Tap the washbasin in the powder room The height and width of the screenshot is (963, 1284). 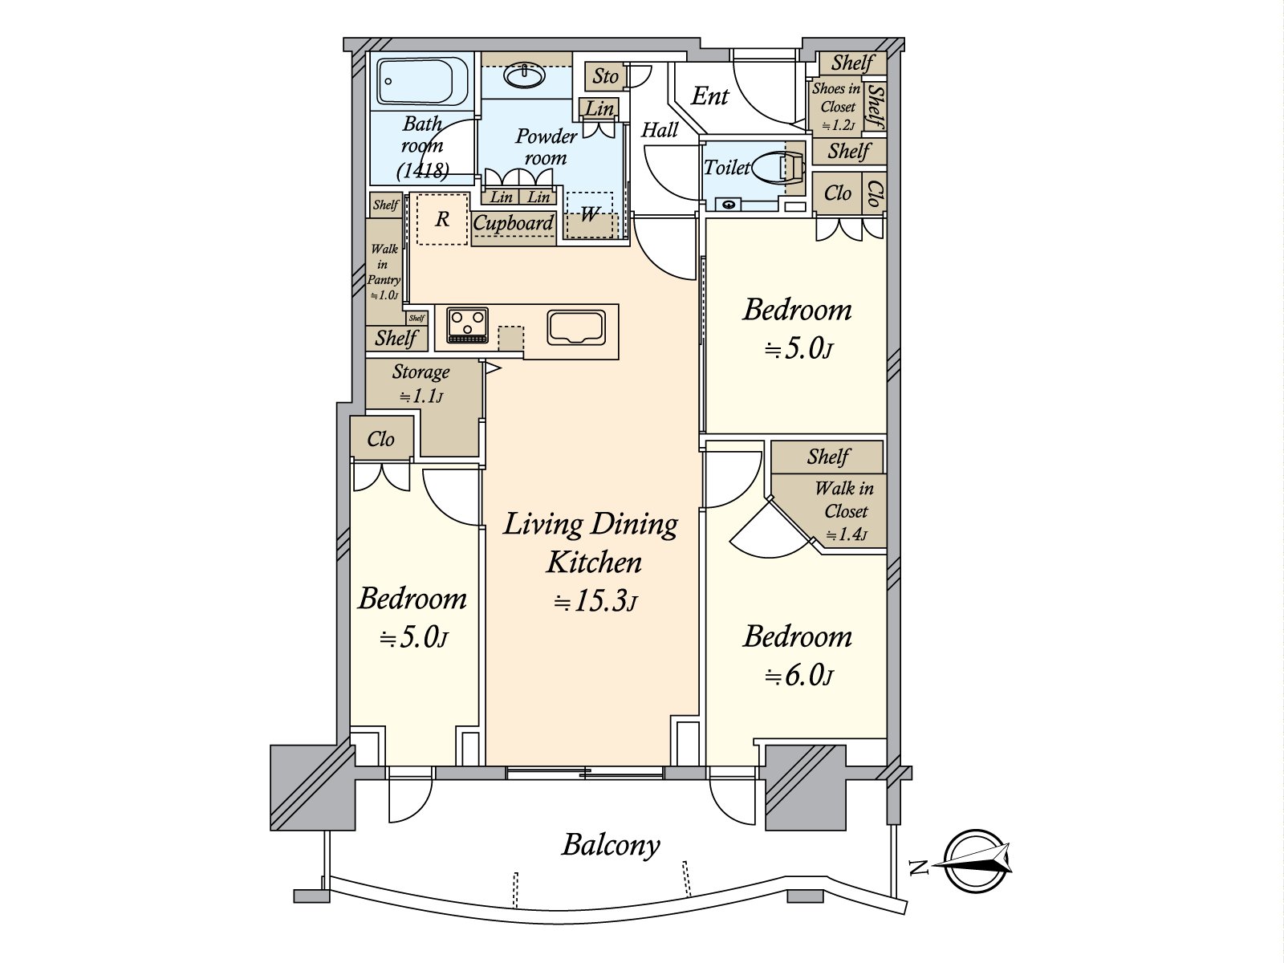click(x=524, y=76)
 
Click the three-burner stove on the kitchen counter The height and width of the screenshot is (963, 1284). click(x=467, y=325)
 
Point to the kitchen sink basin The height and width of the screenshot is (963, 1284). click(x=575, y=327)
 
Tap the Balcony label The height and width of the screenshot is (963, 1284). click(x=611, y=846)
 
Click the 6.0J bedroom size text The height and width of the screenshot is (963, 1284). click(x=798, y=677)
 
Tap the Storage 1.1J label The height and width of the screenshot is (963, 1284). click(x=421, y=384)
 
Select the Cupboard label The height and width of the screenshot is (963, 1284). click(x=513, y=223)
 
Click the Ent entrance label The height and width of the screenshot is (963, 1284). click(x=709, y=96)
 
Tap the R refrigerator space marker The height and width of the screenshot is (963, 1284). click(x=442, y=219)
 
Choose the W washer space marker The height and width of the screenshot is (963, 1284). click(x=589, y=215)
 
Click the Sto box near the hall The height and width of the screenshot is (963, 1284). click(x=605, y=76)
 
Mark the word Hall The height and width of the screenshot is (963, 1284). click(x=660, y=130)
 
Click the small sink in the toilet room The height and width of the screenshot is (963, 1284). click(x=729, y=204)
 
